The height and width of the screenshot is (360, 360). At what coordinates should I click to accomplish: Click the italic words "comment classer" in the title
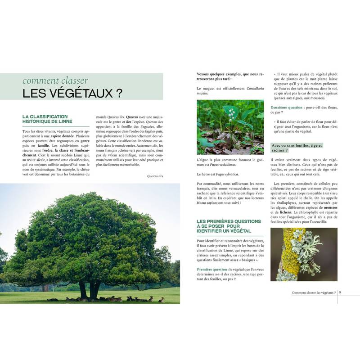[55, 81]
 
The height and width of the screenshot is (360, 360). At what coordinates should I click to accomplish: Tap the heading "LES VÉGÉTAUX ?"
[73, 94]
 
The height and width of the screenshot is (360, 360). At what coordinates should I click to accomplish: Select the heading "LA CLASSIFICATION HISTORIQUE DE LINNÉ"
[49, 119]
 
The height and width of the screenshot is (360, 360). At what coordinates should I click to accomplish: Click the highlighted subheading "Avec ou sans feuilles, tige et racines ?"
[297, 148]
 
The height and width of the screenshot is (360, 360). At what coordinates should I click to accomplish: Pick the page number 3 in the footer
[340, 292]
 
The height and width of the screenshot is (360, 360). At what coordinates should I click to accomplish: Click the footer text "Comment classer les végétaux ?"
[314, 292]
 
